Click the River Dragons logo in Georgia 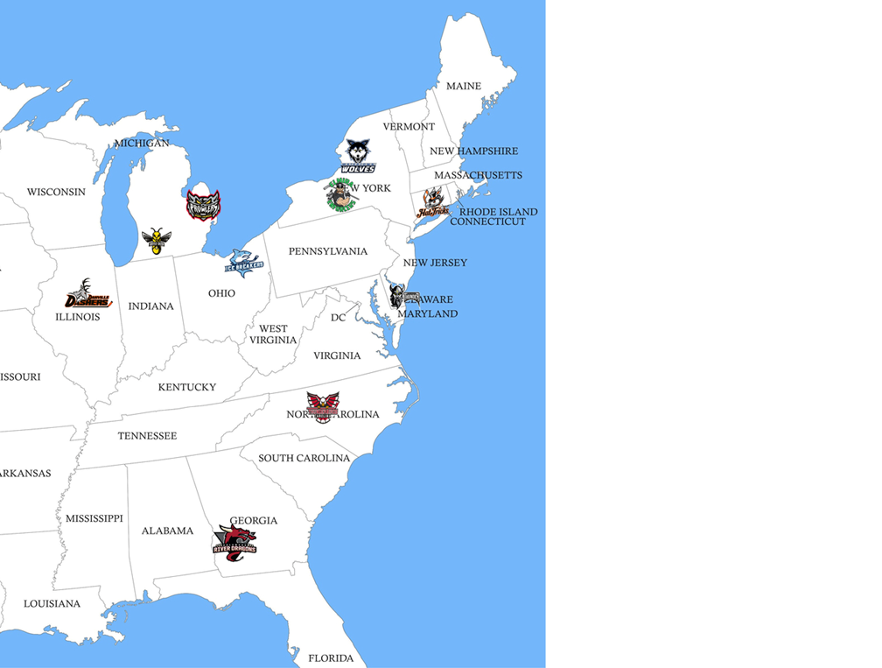(234, 538)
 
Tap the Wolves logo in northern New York (359, 156)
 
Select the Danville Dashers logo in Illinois (88, 295)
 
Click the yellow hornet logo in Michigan (157, 240)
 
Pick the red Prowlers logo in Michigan (203, 205)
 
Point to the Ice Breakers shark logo (245, 262)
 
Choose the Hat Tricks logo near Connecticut (433, 204)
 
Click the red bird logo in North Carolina (322, 406)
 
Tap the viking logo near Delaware (402, 295)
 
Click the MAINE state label (464, 87)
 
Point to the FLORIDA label (331, 657)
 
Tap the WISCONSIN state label (56, 192)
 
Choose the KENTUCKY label (186, 387)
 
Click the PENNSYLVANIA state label (328, 251)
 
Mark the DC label (338, 318)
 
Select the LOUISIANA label (52, 604)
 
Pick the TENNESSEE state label (147, 436)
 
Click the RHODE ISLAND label (499, 212)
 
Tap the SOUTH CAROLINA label (304, 458)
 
